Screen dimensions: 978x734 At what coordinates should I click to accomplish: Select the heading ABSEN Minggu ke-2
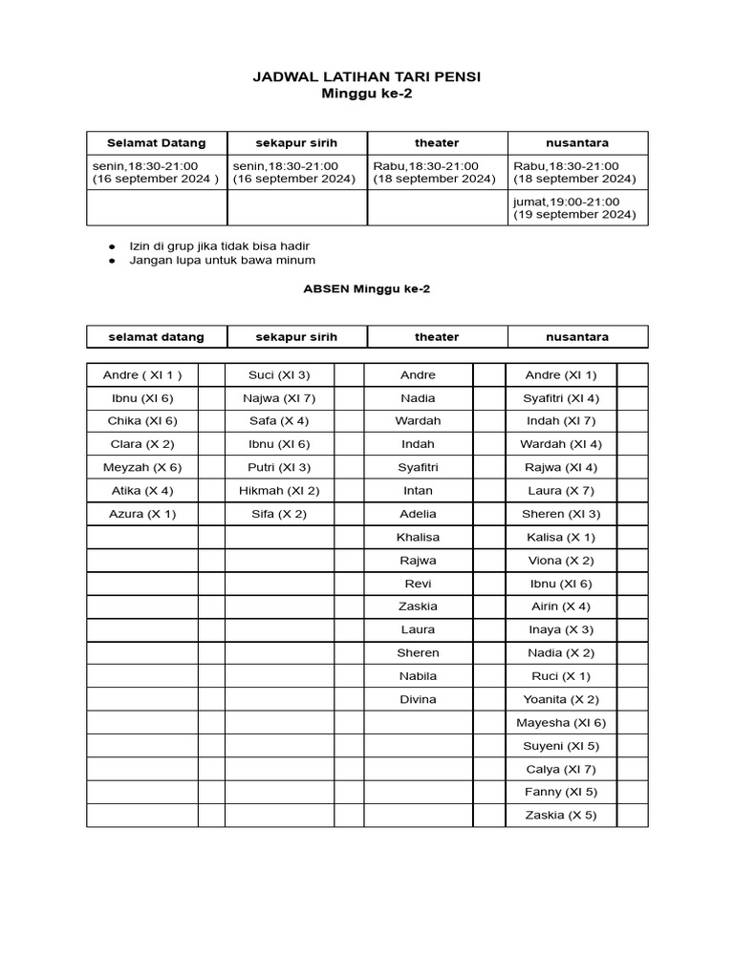(367, 288)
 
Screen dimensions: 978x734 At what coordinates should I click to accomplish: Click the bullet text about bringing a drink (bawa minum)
(223, 260)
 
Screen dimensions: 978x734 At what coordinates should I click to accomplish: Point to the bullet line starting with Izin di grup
(220, 245)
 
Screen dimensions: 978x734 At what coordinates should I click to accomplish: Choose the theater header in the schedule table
(437, 143)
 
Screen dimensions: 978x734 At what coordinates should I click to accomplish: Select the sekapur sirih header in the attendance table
(296, 337)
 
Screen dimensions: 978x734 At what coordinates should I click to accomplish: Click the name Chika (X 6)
(142, 421)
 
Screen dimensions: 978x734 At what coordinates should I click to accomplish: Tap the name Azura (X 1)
(142, 514)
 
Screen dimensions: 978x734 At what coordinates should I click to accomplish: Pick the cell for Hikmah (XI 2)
(279, 491)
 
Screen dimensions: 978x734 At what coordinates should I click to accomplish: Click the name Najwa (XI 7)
(279, 398)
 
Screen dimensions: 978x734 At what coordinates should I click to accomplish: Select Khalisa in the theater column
(418, 537)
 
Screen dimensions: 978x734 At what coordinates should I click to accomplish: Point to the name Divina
(418, 699)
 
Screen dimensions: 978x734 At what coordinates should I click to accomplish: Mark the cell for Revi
(418, 584)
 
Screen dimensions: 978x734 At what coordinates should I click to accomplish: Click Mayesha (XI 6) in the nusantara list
(561, 723)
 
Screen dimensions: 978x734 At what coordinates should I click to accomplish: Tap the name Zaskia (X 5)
(561, 816)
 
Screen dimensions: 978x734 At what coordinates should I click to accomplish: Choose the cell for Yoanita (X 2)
(561, 699)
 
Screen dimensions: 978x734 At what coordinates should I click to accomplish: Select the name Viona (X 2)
(561, 561)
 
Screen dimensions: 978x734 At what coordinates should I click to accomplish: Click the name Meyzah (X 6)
(142, 468)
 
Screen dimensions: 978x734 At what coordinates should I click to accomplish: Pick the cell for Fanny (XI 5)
(561, 792)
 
